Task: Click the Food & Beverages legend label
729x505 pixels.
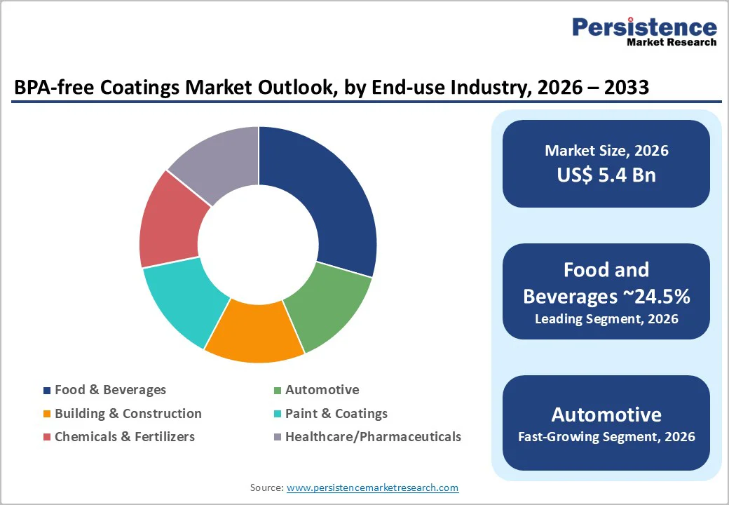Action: coord(110,389)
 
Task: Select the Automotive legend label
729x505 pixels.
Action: coord(322,389)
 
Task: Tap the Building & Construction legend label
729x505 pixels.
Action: coord(128,413)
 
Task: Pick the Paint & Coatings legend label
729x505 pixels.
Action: coord(336,413)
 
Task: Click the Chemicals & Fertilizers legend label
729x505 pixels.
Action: coord(125,436)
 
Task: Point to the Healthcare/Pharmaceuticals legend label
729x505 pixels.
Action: coord(373,436)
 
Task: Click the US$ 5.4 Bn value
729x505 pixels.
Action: coord(606,175)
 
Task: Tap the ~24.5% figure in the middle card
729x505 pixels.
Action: coord(660,297)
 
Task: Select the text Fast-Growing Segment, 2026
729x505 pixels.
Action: coord(606,437)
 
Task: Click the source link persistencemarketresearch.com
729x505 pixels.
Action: coord(372,487)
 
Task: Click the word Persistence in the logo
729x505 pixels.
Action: coord(644,27)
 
